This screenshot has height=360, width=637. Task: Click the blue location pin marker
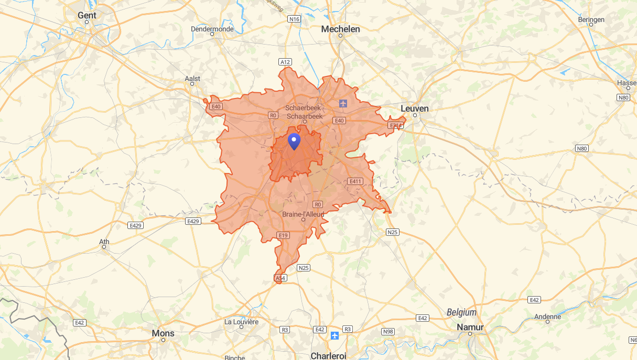click(295, 140)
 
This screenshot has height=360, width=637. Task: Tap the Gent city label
click(87, 15)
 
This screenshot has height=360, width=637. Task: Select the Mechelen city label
click(341, 29)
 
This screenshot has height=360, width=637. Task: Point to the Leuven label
click(414, 108)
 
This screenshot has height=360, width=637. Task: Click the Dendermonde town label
click(212, 29)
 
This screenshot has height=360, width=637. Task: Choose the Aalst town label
click(192, 79)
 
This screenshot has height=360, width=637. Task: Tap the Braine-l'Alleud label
click(303, 214)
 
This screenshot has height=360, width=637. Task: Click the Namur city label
click(470, 327)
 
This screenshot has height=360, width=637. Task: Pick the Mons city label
click(163, 333)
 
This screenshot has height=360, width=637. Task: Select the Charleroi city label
click(329, 355)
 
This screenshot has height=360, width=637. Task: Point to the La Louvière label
click(241, 321)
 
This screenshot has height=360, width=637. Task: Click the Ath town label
click(104, 242)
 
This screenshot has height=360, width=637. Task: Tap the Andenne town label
click(547, 317)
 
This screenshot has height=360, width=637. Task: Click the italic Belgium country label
click(461, 312)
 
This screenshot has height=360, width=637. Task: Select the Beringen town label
click(591, 19)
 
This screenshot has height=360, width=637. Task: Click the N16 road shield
click(294, 19)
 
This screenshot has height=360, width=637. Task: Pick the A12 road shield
click(285, 62)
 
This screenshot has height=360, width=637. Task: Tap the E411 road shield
click(355, 181)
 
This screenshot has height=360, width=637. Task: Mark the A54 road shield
click(280, 278)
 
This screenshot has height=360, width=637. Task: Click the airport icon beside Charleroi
click(336, 334)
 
